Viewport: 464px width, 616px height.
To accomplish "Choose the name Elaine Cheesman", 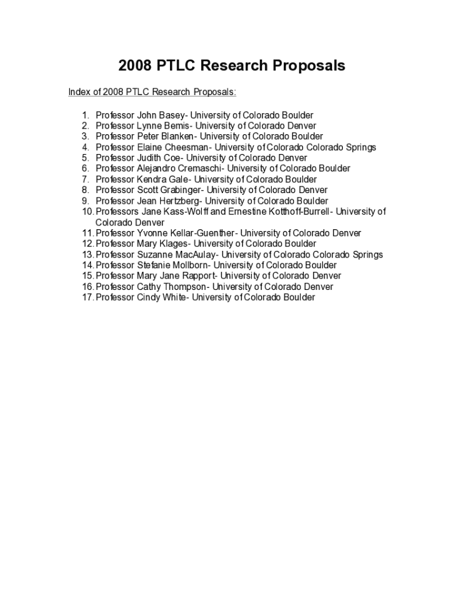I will coord(173,147).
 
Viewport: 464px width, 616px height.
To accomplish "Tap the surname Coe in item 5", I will coord(173,158).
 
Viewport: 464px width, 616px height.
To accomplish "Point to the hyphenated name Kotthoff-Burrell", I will coord(296,212).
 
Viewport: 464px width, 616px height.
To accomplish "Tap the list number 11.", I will coord(88,233).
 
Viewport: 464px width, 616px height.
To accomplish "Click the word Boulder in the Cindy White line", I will coord(297,298).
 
